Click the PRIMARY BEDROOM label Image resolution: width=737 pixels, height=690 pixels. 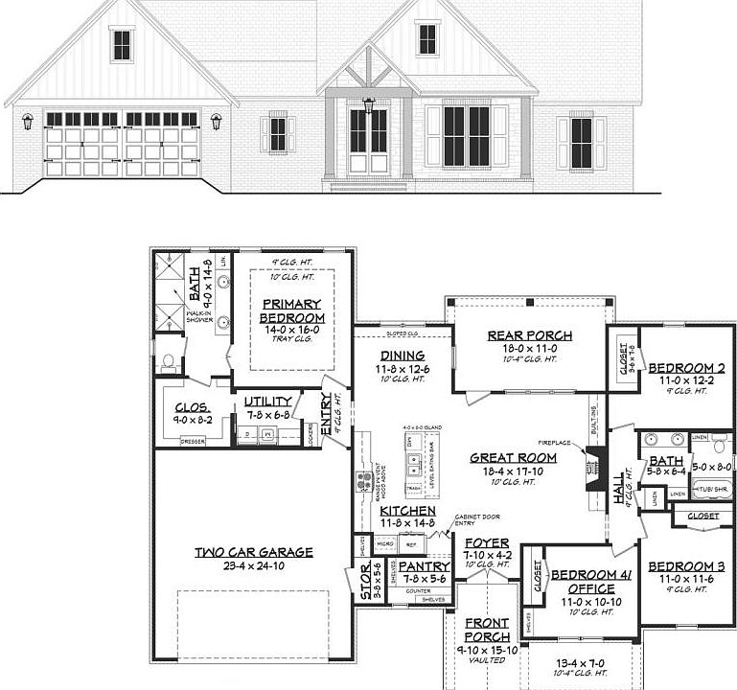[291, 310]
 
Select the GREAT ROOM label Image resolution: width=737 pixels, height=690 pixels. [513, 458]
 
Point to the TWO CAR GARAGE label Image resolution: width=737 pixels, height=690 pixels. [253, 551]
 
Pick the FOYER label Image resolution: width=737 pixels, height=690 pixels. [486, 543]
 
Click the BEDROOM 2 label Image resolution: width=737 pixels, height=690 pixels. [686, 368]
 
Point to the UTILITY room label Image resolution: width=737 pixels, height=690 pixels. [267, 402]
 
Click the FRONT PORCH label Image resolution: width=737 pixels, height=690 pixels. [486, 631]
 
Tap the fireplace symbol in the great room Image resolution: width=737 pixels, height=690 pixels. [587, 471]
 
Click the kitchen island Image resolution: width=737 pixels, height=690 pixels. [414, 463]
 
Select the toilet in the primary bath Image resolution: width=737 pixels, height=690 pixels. [170, 362]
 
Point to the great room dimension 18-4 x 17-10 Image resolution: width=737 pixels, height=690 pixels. [513, 471]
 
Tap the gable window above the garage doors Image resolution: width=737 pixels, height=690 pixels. [122, 44]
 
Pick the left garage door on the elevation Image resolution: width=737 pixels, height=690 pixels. [81, 145]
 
